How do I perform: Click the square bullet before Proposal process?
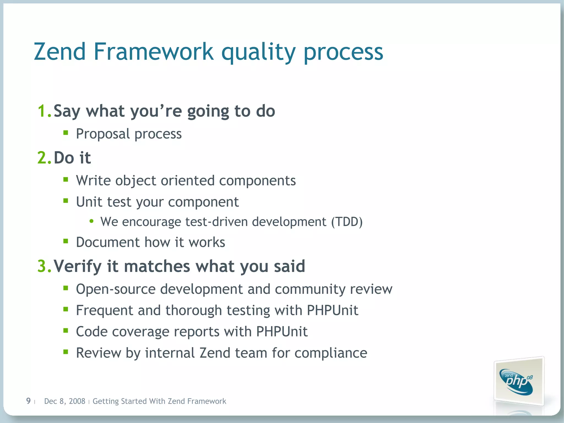tap(66, 133)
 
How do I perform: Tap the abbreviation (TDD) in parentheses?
tap(347, 222)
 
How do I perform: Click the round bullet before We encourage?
tap(91, 221)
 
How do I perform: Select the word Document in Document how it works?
tap(108, 242)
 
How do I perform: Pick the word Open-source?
tap(116, 289)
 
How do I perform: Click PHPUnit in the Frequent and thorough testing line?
tap(332, 310)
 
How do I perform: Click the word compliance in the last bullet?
tap(331, 353)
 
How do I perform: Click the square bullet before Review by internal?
tap(66, 352)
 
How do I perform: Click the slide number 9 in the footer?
tap(28, 401)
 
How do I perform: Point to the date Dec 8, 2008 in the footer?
tap(65, 401)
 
